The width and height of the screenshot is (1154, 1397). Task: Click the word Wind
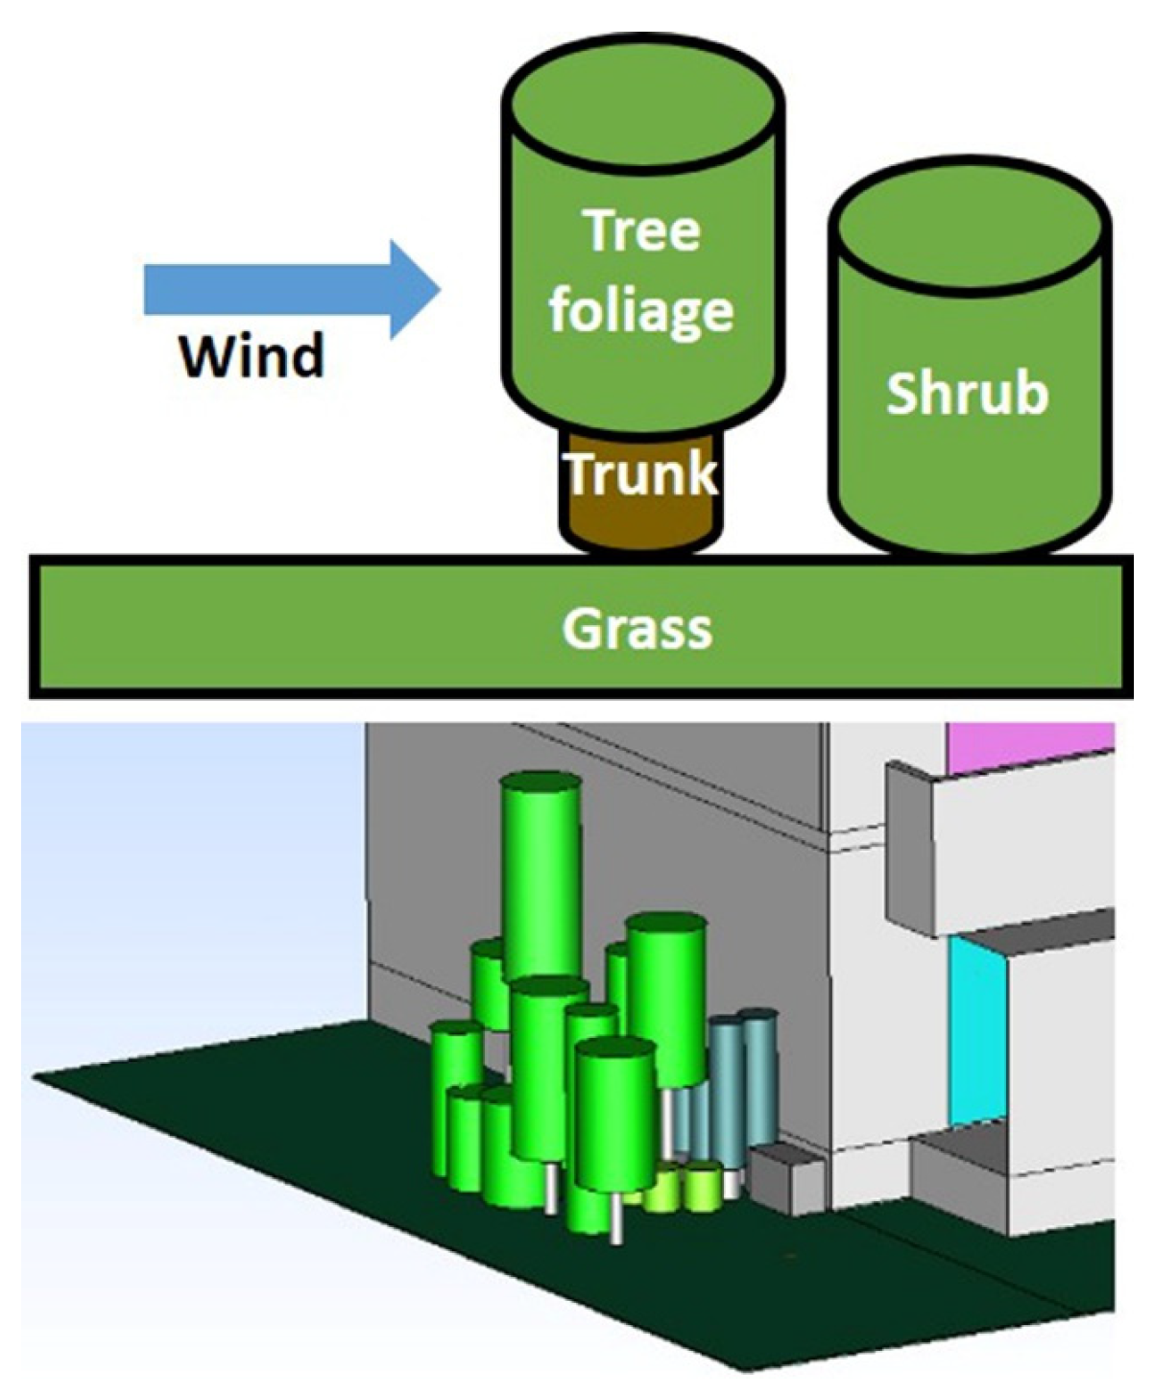point(252,357)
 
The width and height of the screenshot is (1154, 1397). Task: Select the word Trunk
point(640,472)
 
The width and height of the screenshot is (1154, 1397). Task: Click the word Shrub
point(967,394)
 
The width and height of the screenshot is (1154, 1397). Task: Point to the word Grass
point(637,629)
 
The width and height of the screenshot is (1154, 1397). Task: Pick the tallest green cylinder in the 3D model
point(541,883)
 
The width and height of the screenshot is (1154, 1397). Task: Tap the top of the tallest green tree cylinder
point(541,784)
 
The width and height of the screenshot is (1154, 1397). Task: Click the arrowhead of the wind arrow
point(413,290)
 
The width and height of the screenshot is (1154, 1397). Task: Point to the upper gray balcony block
point(998,845)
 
